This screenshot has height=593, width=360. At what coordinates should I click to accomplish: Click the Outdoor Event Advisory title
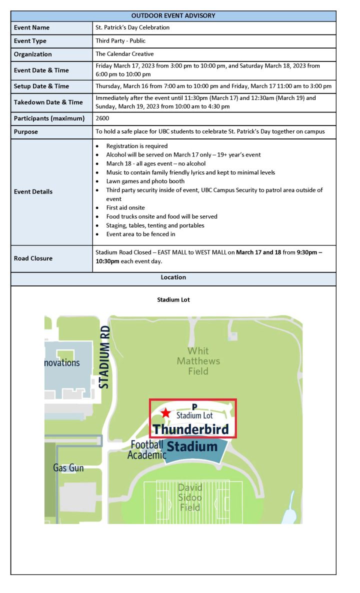(x=173, y=15)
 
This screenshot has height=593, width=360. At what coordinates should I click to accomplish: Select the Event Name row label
(x=31, y=28)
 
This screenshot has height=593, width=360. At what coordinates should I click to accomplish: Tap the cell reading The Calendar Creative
(x=124, y=54)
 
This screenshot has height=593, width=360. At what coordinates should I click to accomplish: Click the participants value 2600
(x=102, y=118)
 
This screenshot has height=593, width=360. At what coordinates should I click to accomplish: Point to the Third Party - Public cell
(x=120, y=41)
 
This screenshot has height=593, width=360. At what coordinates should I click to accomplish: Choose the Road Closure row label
(x=33, y=258)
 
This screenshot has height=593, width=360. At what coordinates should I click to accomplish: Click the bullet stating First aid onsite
(x=125, y=207)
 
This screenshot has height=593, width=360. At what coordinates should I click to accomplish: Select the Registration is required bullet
(x=137, y=146)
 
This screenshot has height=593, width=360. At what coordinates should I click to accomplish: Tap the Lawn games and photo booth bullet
(x=145, y=181)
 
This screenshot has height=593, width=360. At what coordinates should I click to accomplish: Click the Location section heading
(x=173, y=277)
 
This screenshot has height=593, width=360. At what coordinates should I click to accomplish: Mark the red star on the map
(x=166, y=413)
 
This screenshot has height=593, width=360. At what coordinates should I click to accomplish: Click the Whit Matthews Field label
(x=198, y=361)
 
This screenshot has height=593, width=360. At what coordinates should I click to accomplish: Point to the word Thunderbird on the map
(x=190, y=429)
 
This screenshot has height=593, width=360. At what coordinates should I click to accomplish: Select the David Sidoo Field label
(x=190, y=497)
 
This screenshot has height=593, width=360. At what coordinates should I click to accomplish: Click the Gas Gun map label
(x=68, y=468)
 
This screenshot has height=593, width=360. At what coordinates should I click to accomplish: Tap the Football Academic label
(x=147, y=449)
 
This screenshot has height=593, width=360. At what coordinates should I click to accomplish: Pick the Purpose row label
(x=26, y=132)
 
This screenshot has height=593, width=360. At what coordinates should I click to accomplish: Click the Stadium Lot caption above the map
(x=173, y=300)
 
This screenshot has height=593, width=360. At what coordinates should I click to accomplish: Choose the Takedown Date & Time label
(x=48, y=102)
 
